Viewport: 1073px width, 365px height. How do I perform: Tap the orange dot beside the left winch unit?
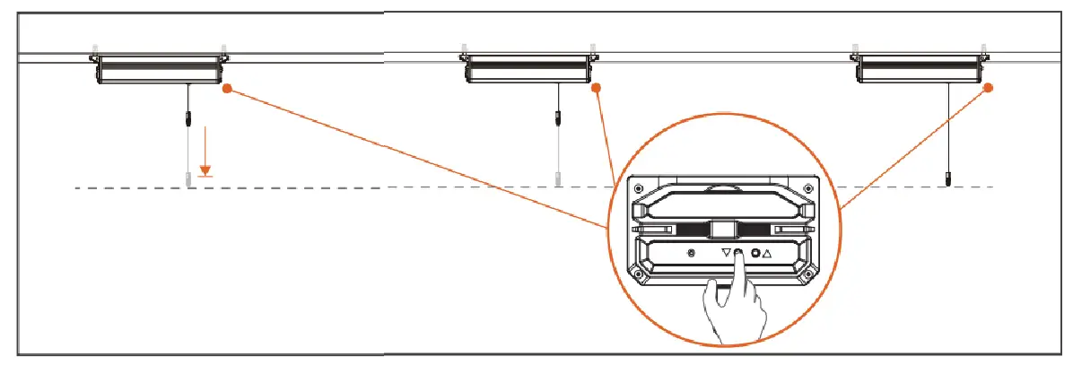pyautogui.click(x=228, y=89)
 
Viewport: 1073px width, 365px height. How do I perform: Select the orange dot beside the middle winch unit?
pyautogui.click(x=598, y=89)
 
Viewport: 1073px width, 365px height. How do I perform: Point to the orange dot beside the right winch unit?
pyautogui.click(x=990, y=88)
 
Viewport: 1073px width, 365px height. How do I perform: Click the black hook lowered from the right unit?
pyautogui.click(x=948, y=178)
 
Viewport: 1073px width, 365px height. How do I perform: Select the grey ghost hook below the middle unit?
pyautogui.click(x=558, y=178)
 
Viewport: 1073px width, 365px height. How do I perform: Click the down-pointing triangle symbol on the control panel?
pyautogui.click(x=727, y=254)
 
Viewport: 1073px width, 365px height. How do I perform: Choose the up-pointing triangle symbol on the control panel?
pyautogui.click(x=768, y=254)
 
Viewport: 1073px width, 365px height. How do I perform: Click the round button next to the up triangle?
pyautogui.click(x=756, y=254)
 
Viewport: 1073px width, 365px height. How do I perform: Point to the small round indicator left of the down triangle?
pyautogui.click(x=690, y=254)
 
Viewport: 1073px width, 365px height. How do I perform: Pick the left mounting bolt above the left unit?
pyautogui.click(x=94, y=48)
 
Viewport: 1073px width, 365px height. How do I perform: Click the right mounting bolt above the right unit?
pyautogui.click(x=984, y=48)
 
